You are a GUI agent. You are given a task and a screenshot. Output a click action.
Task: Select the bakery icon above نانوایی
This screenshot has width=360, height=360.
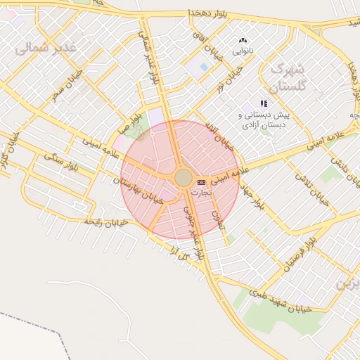(x=243, y=41)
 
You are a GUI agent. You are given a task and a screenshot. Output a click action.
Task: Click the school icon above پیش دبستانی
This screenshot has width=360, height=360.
(x=264, y=103)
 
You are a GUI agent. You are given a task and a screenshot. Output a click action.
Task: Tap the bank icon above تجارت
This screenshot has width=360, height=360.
(x=202, y=181)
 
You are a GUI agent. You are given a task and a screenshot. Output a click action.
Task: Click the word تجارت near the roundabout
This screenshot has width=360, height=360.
(x=201, y=191)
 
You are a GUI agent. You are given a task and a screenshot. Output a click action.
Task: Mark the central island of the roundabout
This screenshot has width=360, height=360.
(x=183, y=178)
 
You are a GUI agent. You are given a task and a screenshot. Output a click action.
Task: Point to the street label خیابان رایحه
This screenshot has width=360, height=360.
(x=105, y=221)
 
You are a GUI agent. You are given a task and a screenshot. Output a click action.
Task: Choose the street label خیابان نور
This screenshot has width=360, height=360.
(x=229, y=84)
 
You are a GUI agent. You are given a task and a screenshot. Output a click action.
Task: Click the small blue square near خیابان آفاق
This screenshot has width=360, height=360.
(x=203, y=67)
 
